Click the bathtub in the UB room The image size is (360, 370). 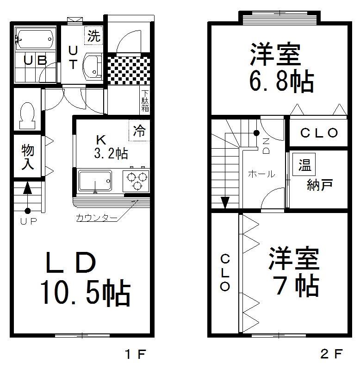[x=34, y=39]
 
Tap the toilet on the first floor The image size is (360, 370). [x=27, y=116]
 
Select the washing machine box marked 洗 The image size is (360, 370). [x=93, y=36]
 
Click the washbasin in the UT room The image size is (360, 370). [x=93, y=66]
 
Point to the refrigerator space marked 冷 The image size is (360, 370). [x=139, y=131]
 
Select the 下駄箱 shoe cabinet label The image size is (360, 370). [x=145, y=101]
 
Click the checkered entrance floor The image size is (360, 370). [x=129, y=70]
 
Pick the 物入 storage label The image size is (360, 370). [x=28, y=157]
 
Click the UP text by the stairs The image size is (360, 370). [x=29, y=221]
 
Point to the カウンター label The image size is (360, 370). [x=96, y=218]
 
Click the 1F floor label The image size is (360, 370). [x=136, y=354]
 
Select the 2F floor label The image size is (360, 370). [x=331, y=354]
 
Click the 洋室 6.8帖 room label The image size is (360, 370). [x=282, y=68]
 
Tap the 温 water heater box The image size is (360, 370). [x=304, y=164]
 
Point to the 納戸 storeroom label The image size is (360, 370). [x=320, y=185]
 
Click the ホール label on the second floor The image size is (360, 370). [x=261, y=174]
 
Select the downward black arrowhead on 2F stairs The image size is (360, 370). [x=225, y=203]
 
